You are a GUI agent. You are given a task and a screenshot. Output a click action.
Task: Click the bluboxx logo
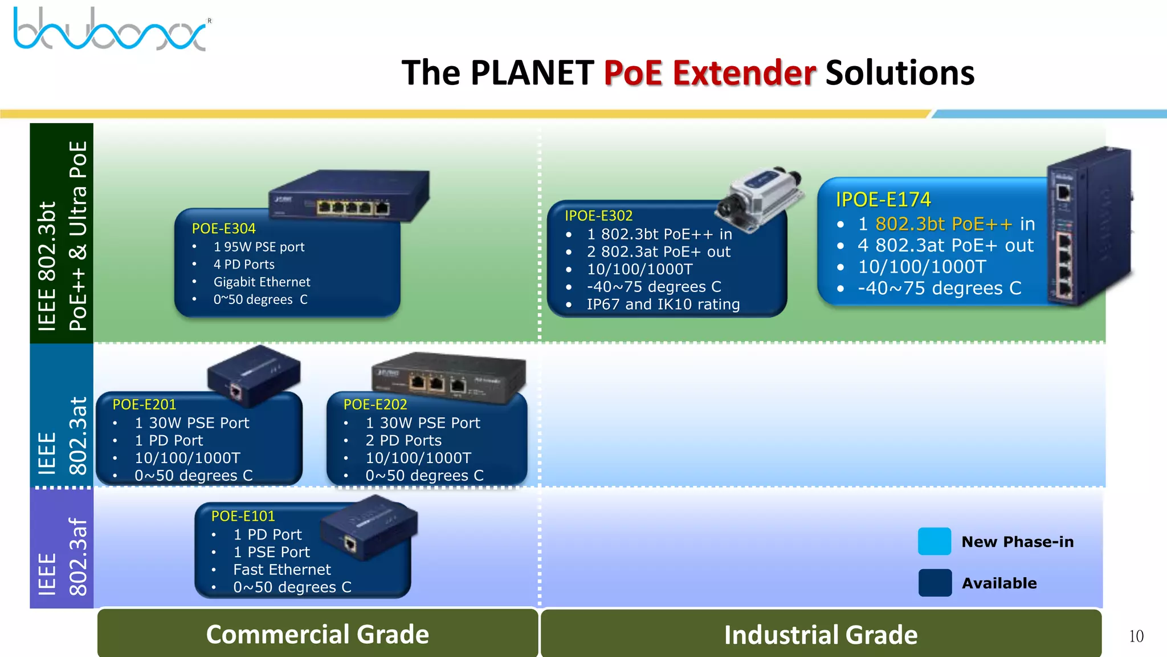click(111, 30)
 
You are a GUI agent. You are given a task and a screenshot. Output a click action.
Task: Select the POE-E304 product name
click(223, 229)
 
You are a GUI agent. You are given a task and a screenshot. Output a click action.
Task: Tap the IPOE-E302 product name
click(598, 216)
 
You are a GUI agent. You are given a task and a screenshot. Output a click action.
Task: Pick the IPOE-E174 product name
click(883, 200)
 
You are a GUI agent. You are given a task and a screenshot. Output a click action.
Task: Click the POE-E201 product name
click(144, 404)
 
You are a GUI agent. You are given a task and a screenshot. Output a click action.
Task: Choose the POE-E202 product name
click(375, 404)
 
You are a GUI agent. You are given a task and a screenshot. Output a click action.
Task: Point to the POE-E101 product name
click(243, 516)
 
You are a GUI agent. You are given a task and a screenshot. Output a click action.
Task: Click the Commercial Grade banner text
click(317, 634)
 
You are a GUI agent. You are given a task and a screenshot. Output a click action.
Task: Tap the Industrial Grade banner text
click(821, 635)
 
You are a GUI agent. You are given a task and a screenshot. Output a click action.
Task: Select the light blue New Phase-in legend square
click(934, 541)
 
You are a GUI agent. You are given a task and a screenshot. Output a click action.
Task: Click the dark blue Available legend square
click(935, 582)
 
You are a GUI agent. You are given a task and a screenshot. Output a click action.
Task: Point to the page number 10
click(1136, 636)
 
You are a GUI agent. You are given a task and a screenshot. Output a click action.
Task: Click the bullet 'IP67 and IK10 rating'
click(663, 305)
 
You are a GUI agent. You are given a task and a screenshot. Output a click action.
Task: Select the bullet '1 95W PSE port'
click(259, 247)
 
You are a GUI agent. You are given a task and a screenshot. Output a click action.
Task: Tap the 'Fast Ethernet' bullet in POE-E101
click(281, 570)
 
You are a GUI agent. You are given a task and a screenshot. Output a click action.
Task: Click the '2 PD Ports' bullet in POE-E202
click(403, 440)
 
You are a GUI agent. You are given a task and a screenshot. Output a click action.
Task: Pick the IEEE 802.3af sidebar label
click(62, 556)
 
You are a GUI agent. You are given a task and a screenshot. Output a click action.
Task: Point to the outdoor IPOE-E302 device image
click(761, 197)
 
